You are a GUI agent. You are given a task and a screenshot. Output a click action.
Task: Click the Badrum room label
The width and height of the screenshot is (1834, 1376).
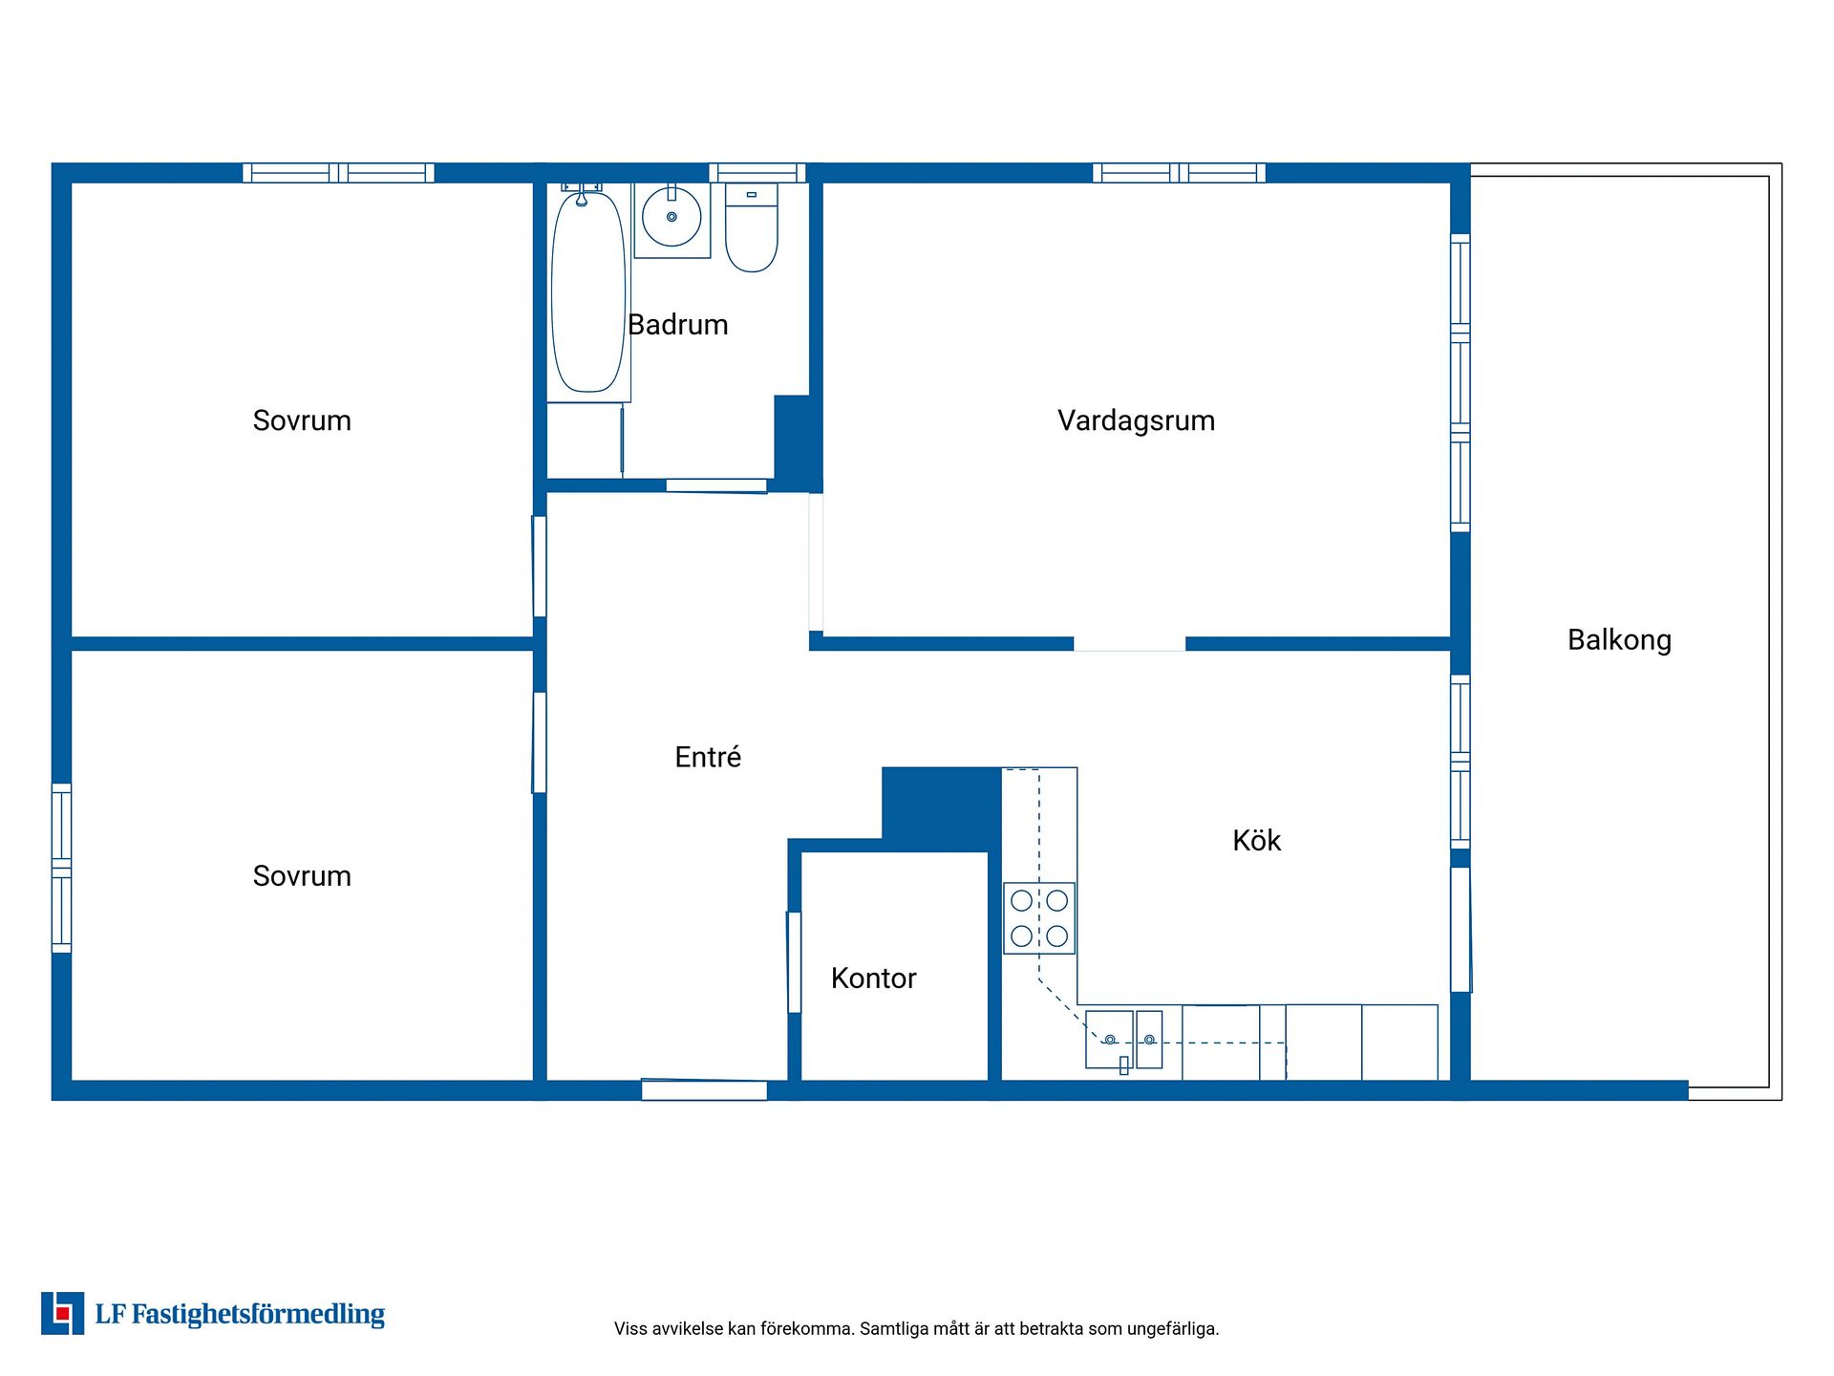tap(678, 325)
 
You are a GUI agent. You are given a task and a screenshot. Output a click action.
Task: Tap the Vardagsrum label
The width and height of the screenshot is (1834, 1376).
tap(1136, 420)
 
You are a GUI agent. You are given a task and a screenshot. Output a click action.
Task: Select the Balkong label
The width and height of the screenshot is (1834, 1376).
tap(1619, 640)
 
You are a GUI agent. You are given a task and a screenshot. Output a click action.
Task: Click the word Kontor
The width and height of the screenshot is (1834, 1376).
tap(873, 978)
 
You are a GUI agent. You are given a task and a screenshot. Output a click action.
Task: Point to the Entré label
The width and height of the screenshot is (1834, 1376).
tap(708, 757)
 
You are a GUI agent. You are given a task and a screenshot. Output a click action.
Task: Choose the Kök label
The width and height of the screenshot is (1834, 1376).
tap(1256, 840)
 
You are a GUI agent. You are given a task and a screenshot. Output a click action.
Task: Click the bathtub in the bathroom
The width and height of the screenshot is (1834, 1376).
tap(588, 291)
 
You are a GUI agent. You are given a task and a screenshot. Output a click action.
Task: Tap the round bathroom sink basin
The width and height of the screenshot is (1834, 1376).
tap(672, 217)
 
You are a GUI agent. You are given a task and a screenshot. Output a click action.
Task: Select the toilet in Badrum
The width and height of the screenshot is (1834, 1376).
tap(752, 227)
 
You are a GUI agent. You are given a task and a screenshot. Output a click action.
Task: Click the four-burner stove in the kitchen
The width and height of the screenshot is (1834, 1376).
tap(1039, 918)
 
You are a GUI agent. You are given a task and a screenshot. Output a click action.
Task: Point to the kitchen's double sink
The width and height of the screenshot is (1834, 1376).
tap(1124, 1040)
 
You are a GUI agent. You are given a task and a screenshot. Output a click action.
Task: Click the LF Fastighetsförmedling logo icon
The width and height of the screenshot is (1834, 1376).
tap(62, 1313)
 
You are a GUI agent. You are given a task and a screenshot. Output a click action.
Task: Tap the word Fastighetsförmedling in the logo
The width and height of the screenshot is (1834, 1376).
tap(258, 1315)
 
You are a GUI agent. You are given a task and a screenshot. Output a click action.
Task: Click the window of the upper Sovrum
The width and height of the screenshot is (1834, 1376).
tap(338, 173)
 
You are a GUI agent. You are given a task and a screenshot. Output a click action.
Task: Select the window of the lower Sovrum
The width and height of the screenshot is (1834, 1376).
tap(61, 868)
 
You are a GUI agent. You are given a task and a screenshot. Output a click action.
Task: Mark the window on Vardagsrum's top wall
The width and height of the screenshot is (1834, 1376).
tap(1179, 173)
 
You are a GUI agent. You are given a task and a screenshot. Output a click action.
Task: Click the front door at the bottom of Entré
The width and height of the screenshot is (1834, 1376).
tap(704, 1089)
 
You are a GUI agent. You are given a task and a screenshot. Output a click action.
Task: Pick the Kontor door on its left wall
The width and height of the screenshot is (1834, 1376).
tap(794, 962)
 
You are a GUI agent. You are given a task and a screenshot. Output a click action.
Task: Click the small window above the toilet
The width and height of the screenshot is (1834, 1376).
tap(757, 173)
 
